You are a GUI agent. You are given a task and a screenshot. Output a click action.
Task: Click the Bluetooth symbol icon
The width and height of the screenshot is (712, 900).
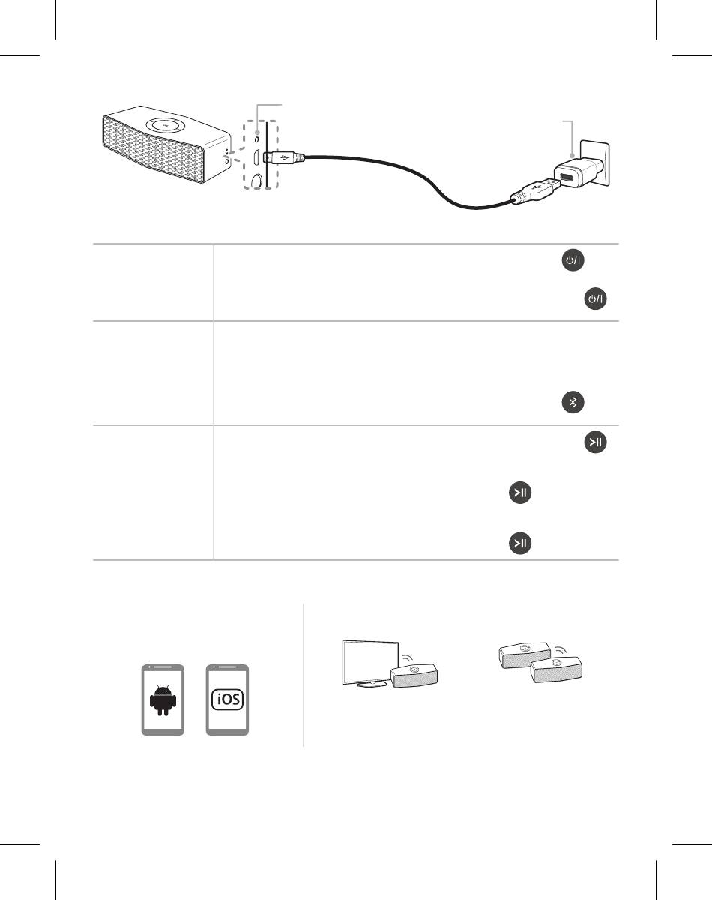click(x=573, y=402)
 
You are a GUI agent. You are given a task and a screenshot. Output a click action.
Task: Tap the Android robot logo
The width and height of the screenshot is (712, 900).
click(x=163, y=700)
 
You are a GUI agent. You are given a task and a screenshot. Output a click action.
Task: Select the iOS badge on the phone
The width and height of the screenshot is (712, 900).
click(x=227, y=699)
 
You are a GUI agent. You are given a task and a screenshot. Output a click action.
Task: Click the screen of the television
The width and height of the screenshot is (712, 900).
click(x=369, y=661)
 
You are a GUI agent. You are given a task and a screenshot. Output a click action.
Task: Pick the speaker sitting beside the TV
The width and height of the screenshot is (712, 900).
click(x=414, y=676)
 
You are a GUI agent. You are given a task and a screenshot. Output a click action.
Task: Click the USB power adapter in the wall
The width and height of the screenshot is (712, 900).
click(x=578, y=172)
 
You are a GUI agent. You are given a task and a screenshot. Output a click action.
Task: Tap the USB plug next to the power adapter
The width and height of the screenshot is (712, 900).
click(x=536, y=190)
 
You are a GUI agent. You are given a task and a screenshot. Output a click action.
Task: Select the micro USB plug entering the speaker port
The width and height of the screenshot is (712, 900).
click(x=283, y=157)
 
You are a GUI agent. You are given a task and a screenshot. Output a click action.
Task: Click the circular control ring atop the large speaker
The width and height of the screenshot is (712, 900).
click(x=166, y=124)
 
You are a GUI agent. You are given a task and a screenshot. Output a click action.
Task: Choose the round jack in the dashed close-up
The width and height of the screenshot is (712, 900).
click(x=256, y=180)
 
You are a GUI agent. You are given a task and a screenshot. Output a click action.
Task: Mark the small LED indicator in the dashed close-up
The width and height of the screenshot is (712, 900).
click(x=257, y=139)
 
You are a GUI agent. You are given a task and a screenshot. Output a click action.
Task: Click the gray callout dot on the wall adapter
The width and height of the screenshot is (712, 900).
click(x=573, y=155)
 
